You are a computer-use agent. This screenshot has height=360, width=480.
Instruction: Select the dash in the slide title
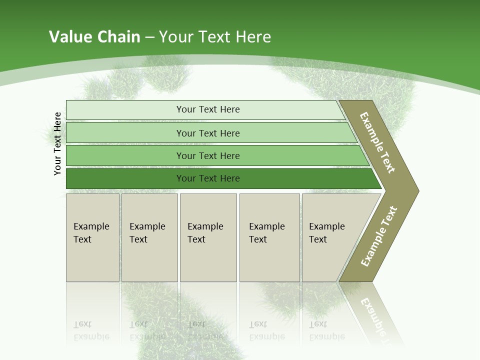pos(149,37)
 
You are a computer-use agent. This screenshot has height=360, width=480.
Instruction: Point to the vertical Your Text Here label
pos(57,143)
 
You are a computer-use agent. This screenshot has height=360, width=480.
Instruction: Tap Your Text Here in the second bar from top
pos(208,133)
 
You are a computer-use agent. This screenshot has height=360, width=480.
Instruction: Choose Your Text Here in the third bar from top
pos(208,155)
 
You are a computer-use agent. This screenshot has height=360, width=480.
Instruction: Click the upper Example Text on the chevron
pos(377,142)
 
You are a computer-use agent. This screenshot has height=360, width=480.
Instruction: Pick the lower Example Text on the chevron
pos(378,236)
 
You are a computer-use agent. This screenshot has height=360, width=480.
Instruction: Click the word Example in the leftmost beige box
pos(91,226)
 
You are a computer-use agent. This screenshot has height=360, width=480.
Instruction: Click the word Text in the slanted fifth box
pos(317,239)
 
